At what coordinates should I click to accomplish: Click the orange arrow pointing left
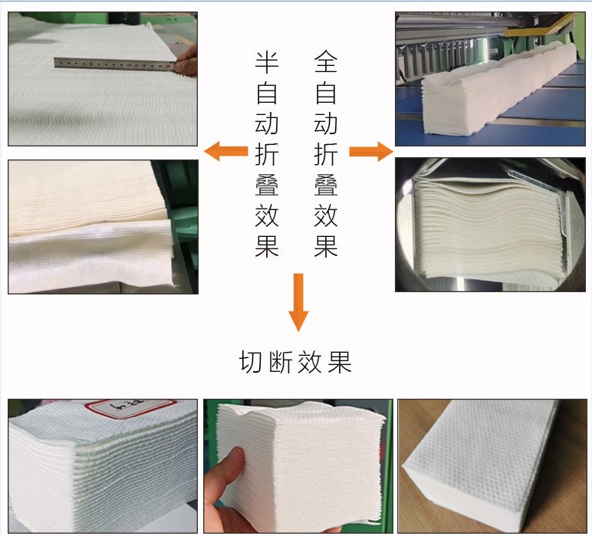click(x=226, y=152)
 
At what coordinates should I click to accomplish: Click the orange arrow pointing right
click(x=370, y=152)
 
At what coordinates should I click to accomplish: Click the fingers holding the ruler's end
click(x=186, y=66)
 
